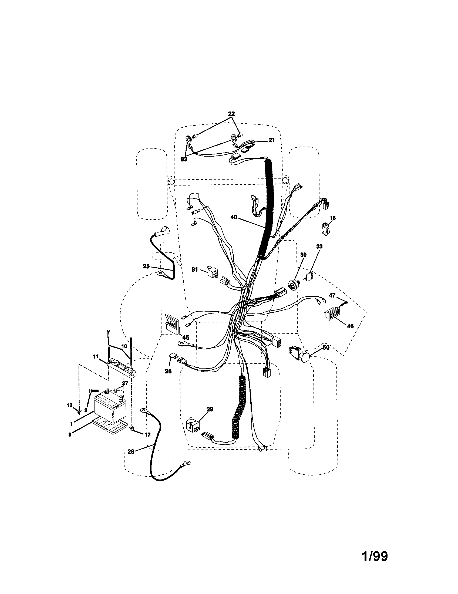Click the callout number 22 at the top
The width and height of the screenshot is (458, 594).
click(231, 114)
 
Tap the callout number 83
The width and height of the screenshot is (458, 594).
click(184, 159)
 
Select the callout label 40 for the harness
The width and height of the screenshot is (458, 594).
click(234, 217)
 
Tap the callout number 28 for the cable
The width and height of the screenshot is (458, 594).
click(131, 451)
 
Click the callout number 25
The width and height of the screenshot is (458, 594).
click(146, 266)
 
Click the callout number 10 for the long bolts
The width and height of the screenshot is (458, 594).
click(124, 346)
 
